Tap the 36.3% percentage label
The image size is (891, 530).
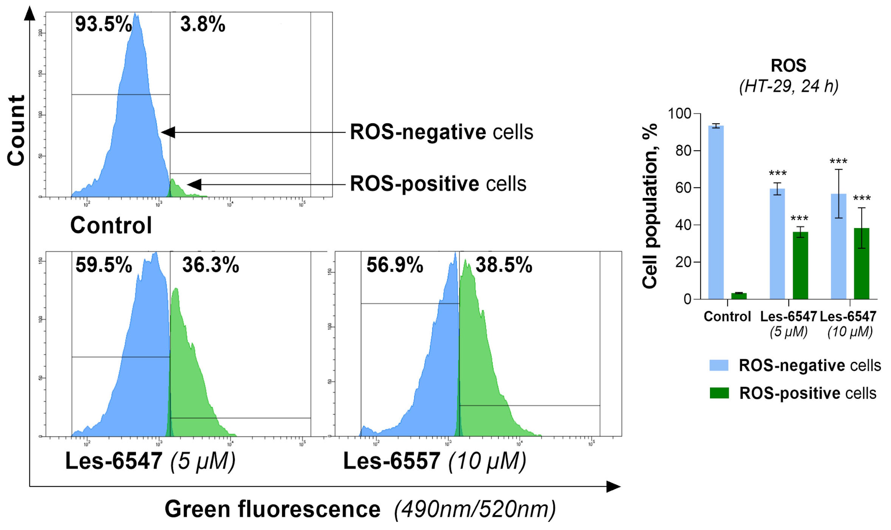coord(210,265)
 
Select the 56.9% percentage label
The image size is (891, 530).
coord(395,265)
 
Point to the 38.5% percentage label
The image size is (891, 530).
coord(504,265)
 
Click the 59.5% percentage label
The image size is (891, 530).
coord(104,265)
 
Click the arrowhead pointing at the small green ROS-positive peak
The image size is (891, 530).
coord(194,185)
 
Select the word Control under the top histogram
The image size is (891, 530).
coord(111,225)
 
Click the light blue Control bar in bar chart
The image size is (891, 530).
coord(716,213)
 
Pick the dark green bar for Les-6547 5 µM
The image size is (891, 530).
coord(800,265)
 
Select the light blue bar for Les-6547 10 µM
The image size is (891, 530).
coord(838,246)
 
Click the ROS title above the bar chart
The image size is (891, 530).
coord(788,66)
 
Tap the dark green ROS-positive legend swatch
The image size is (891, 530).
coord(719,393)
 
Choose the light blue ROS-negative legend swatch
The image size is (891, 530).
coord(719,365)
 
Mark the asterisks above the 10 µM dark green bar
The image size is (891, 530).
coord(861,198)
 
